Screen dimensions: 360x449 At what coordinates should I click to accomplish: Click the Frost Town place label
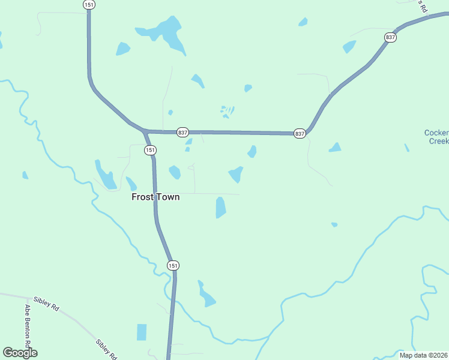click(x=155, y=197)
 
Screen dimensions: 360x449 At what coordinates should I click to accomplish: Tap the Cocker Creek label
click(x=437, y=137)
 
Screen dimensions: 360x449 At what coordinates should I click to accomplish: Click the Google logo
click(x=20, y=353)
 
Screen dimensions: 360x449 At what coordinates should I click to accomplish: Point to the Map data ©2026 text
click(x=423, y=355)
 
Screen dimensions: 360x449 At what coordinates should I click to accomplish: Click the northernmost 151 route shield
click(x=88, y=4)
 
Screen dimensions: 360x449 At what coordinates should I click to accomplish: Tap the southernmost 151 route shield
click(x=173, y=265)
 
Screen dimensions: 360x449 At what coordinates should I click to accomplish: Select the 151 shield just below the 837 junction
click(x=150, y=150)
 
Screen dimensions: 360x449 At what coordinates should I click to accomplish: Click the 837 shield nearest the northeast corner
click(x=391, y=37)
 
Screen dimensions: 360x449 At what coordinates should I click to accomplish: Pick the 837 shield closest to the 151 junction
click(x=183, y=132)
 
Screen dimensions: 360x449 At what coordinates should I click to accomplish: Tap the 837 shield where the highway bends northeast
click(x=300, y=133)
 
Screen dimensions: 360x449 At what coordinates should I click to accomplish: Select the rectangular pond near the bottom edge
click(x=142, y=332)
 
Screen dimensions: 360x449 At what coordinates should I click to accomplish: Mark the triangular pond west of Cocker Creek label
click(x=335, y=148)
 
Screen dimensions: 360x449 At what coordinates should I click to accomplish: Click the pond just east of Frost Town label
click(x=220, y=207)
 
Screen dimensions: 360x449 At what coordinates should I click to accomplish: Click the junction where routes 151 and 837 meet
click(x=145, y=131)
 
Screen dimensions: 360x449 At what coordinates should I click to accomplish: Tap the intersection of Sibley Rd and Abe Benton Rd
click(x=28, y=298)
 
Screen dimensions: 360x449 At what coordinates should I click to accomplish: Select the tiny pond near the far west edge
click(x=25, y=175)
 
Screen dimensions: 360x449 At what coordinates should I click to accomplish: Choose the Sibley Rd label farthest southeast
click(x=105, y=350)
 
